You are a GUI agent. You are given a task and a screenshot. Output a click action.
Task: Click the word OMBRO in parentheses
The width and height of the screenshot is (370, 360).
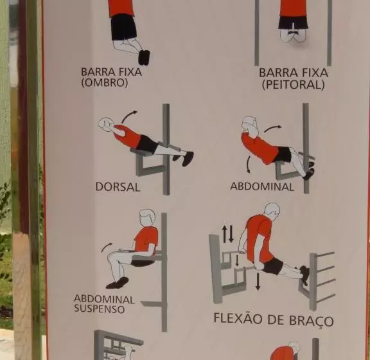coord(104,83)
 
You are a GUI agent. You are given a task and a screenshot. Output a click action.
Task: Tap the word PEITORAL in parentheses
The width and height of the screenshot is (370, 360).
coord(294,85)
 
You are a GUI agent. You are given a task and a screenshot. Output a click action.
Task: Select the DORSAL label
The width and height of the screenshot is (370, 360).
coord(118,187)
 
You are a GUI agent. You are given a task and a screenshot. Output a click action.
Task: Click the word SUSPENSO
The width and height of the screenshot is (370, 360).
coord(100,309)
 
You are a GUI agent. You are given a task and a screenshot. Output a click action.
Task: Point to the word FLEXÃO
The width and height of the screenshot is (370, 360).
coord(238,318)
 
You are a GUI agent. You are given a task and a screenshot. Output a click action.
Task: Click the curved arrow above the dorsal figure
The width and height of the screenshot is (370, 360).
coord(129,116)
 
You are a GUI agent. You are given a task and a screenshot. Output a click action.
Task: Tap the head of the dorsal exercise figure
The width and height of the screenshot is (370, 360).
coord(106,123)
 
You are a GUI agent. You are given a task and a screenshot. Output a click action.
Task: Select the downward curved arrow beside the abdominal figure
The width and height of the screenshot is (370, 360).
coord(248,165)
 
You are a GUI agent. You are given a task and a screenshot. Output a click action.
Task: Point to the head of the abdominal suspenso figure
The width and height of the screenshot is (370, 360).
coord(147,218)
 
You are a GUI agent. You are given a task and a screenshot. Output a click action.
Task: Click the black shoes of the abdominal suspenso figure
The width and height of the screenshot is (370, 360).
coord(118,283)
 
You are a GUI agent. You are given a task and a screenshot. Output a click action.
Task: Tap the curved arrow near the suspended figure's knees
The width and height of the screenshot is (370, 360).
coord(107,247)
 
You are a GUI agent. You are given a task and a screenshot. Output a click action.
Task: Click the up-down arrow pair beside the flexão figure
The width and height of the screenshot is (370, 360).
coord(227,234)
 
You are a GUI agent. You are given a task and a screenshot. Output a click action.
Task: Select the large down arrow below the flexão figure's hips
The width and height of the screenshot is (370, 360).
coord(258,281)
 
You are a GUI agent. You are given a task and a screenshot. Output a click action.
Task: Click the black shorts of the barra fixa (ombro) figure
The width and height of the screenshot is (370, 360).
coord(123,27)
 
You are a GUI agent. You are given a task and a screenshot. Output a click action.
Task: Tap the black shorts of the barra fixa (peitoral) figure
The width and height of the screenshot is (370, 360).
coord(294,22)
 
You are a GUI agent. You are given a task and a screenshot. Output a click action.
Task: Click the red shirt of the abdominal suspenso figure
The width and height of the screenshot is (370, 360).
coord(146,240)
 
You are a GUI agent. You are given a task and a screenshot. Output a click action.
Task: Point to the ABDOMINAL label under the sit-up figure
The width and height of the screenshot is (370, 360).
coord(262,186)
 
